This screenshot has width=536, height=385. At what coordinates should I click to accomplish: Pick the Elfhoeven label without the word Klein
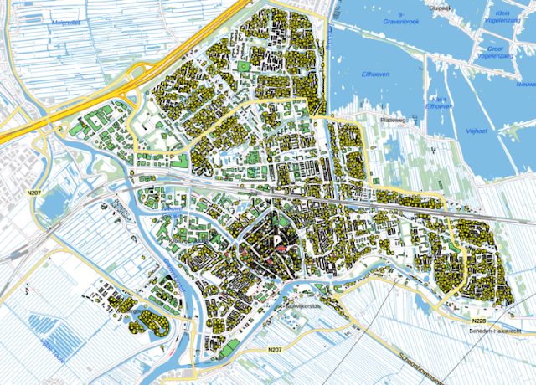click(x=378, y=72)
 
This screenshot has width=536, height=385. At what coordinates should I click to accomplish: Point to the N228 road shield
click(x=478, y=321)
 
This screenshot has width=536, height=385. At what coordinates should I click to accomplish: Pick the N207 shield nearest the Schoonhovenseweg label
click(x=275, y=348)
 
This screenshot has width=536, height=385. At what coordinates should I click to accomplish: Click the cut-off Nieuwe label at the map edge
click(x=525, y=85)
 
